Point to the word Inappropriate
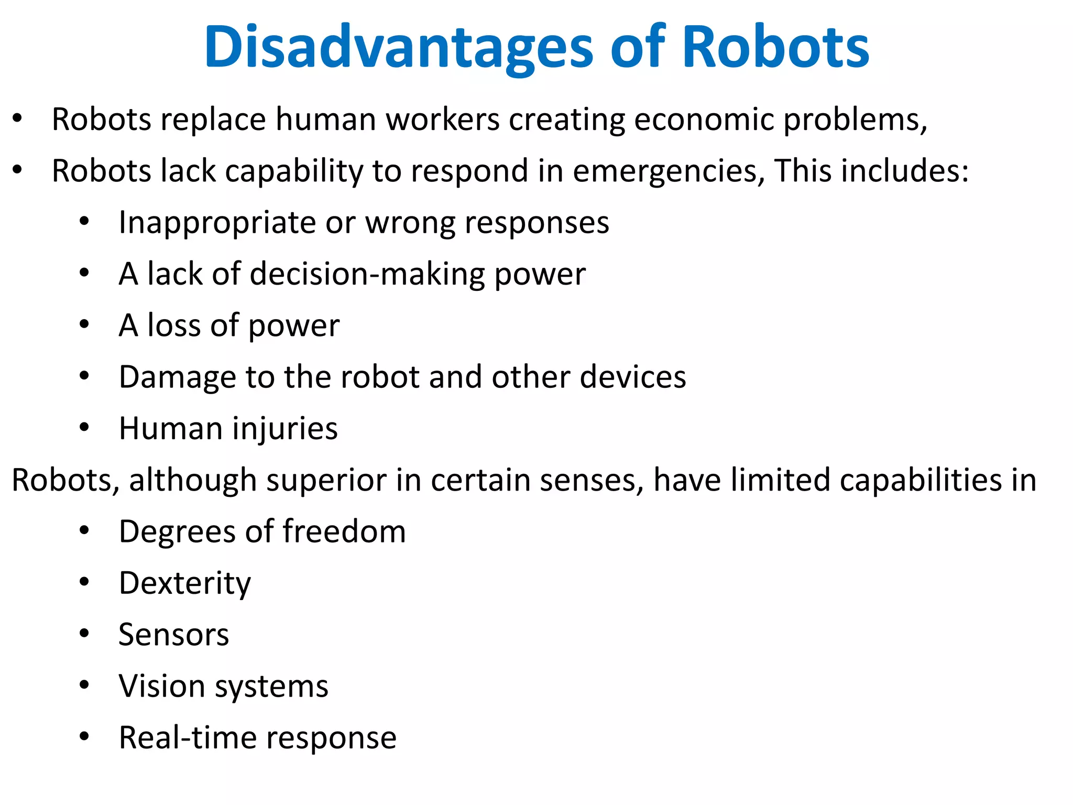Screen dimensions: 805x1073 coord(217,223)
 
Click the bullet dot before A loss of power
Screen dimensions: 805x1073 coord(84,325)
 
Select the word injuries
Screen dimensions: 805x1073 coord(285,429)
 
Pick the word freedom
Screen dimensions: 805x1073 coord(344,531)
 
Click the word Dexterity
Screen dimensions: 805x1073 coord(184,583)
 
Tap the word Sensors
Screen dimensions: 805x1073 coord(173,635)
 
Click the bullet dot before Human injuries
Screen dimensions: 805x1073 coord(84,428)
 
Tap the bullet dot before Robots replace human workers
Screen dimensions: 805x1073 coord(17,118)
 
